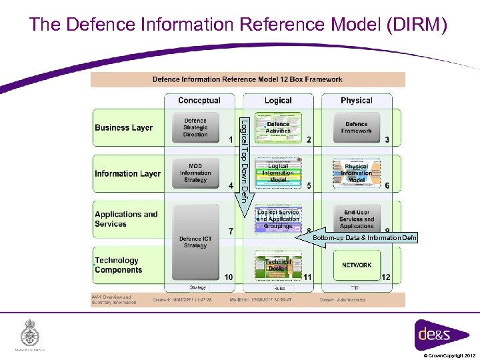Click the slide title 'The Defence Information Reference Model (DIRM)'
tap(239, 25)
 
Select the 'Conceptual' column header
tap(199, 101)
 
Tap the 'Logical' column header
tap(278, 101)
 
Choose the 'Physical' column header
tap(356, 101)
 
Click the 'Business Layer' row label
tap(123, 128)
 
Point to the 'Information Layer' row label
tap(127, 174)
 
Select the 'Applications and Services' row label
tap(126, 219)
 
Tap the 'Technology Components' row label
tap(118, 265)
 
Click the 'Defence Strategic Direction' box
tap(195, 128)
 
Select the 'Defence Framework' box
tap(356, 127)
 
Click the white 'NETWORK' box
tap(357, 265)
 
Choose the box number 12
tap(385, 277)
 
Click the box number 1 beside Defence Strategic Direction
tap(230, 140)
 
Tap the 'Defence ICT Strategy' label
tap(195, 241)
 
